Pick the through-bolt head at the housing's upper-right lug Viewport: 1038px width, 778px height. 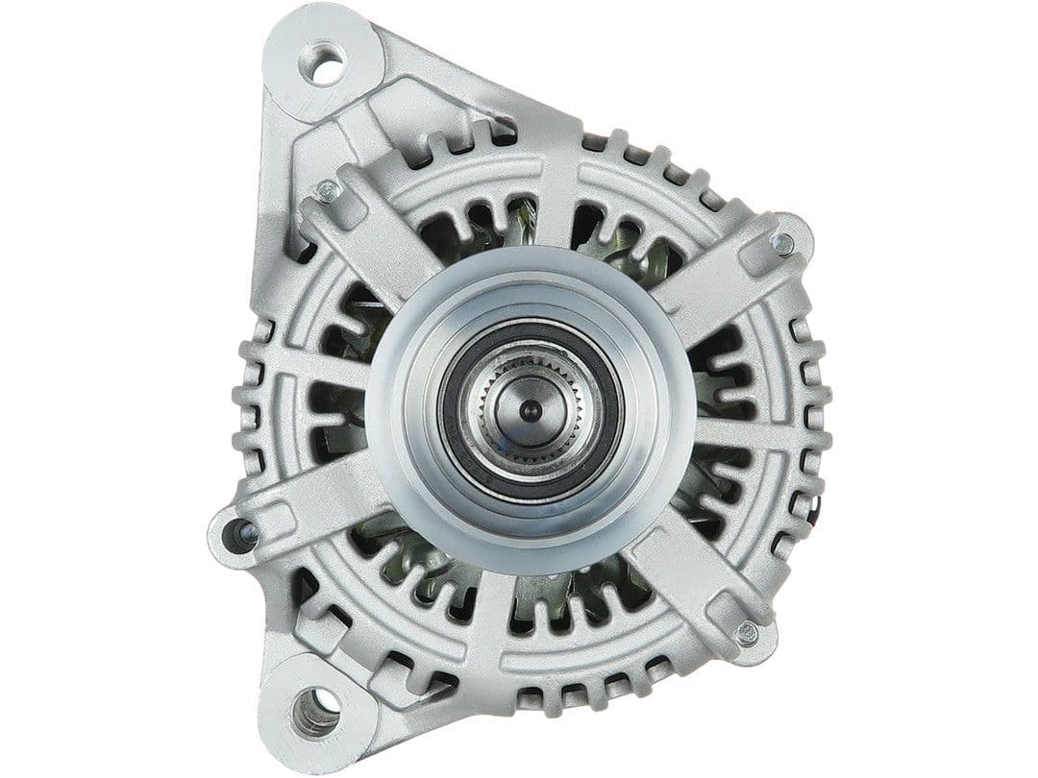[783, 244]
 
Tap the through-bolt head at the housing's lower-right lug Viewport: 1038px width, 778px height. [747, 632]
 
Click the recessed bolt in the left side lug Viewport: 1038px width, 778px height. [240, 531]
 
